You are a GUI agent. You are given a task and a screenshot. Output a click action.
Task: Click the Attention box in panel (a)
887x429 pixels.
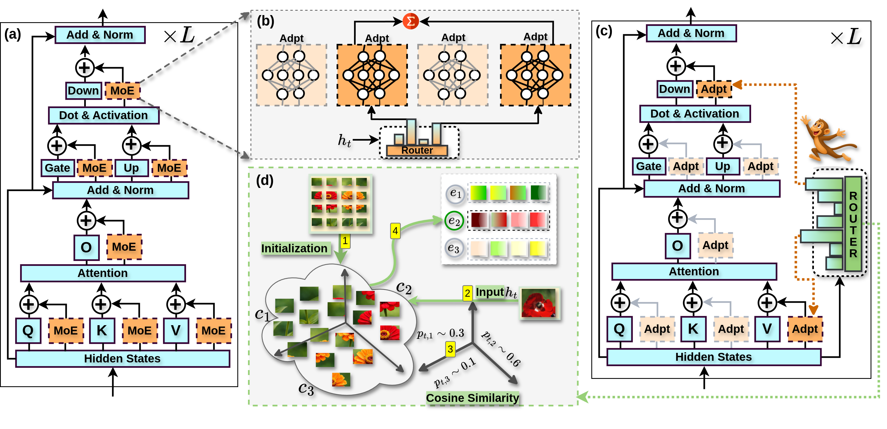click(x=103, y=273)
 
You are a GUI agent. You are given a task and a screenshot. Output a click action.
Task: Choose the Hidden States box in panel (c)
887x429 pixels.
click(x=713, y=357)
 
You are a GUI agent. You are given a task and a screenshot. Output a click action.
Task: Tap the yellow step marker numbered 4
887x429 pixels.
click(x=395, y=231)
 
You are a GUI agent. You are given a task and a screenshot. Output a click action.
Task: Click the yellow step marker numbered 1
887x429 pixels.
click(x=345, y=241)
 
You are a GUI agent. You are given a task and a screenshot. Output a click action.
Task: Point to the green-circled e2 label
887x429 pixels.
click(x=454, y=221)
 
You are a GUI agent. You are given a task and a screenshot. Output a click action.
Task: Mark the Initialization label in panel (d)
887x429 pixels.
click(x=294, y=248)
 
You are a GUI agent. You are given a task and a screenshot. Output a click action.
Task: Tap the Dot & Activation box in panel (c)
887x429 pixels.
click(x=695, y=114)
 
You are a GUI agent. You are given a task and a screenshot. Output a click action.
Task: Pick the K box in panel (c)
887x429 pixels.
click(x=693, y=329)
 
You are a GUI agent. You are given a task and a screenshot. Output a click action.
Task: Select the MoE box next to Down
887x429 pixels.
click(x=122, y=91)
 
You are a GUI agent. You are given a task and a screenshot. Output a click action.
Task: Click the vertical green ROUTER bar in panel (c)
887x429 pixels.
click(x=853, y=224)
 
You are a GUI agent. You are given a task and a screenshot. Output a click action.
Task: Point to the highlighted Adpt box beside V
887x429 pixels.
click(x=805, y=329)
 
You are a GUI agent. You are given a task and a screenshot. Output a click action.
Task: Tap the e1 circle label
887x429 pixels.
click(x=455, y=193)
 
